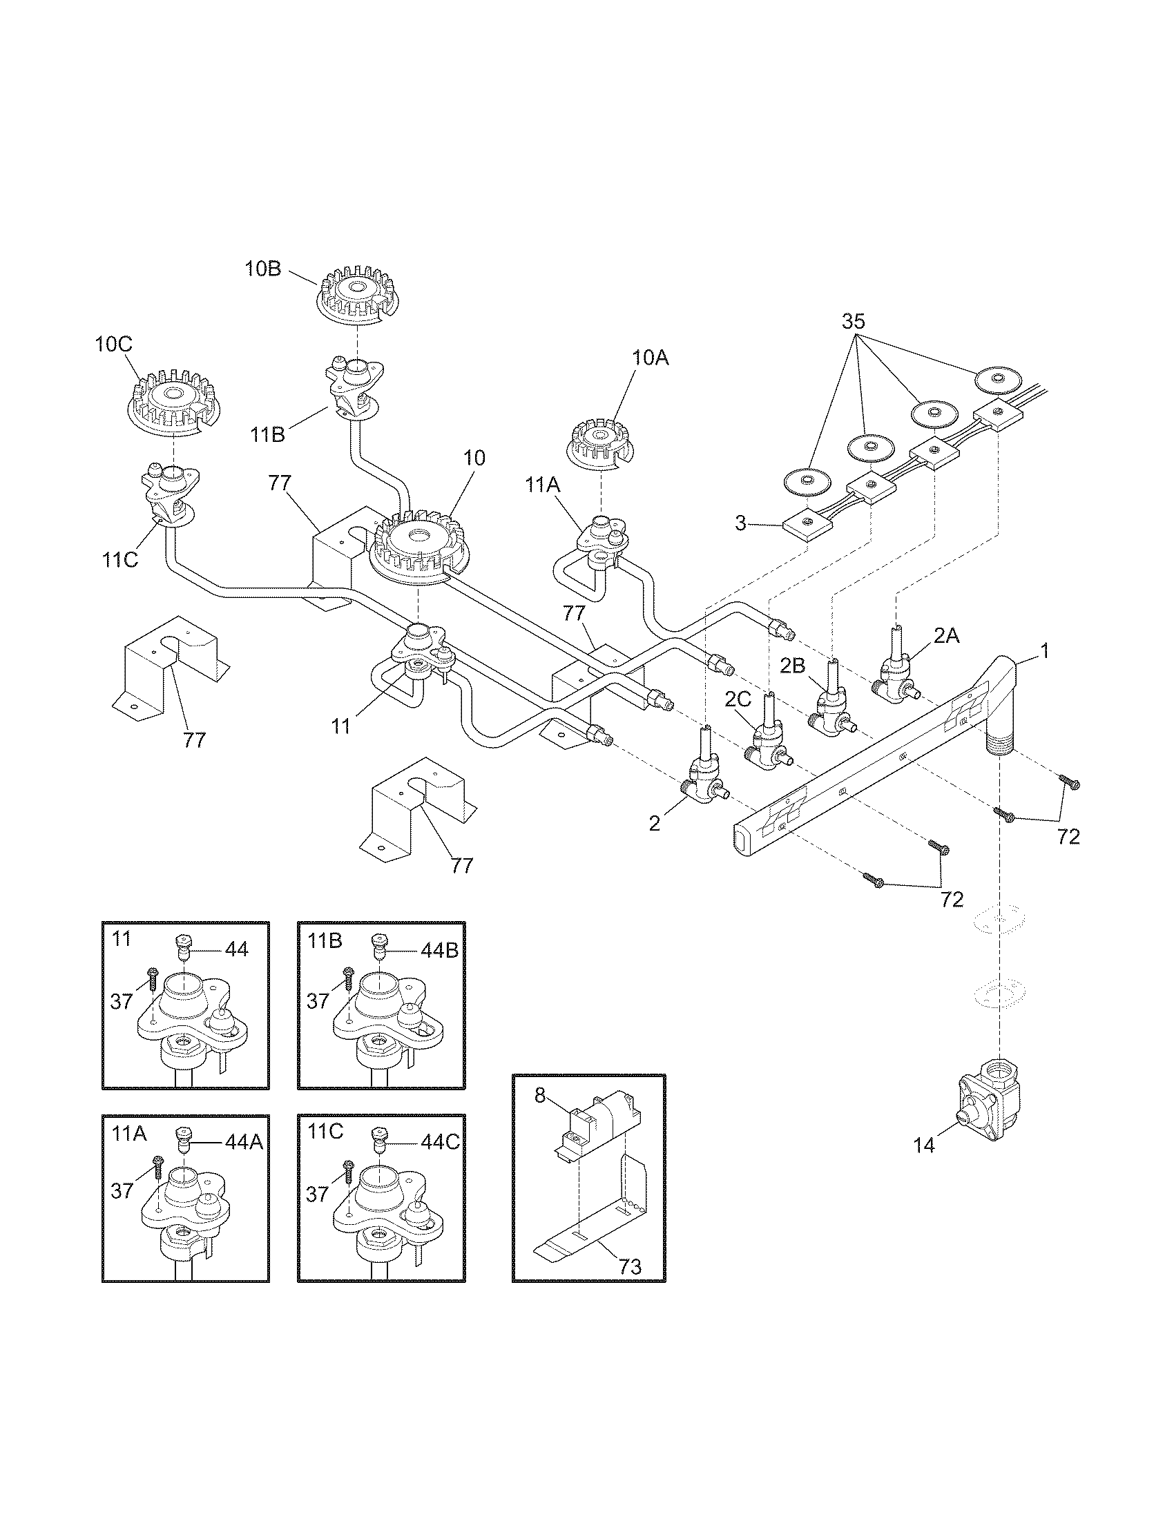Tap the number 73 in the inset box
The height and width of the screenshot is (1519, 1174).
click(629, 1266)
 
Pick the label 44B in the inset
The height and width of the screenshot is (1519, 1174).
click(438, 951)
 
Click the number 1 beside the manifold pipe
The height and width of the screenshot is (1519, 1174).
click(1043, 650)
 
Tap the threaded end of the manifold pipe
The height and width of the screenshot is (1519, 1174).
click(999, 744)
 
